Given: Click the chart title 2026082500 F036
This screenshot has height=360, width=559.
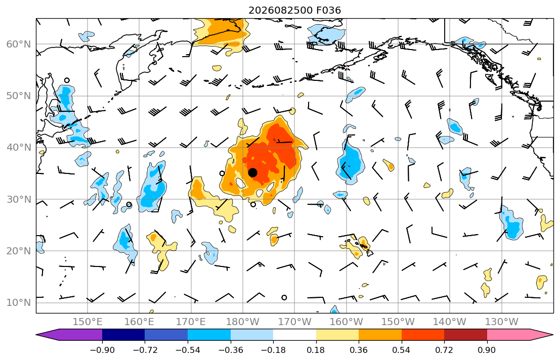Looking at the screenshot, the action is [294, 10].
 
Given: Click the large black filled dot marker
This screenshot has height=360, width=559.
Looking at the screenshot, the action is [252, 172].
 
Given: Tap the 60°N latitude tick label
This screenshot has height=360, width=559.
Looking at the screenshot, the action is [19, 44].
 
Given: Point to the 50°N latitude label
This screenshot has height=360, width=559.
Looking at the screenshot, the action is [19, 96].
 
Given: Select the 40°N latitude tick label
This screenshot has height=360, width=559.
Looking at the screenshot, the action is [19, 148].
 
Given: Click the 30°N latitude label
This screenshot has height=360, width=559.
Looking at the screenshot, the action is [19, 199].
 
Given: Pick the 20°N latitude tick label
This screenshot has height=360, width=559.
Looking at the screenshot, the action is [19, 251].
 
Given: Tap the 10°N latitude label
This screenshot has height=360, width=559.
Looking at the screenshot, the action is [19, 303].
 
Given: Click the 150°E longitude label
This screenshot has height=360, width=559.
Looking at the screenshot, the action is [88, 322].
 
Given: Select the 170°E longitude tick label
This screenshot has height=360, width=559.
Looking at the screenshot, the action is [191, 322].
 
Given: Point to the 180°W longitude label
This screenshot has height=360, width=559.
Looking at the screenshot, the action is [243, 322].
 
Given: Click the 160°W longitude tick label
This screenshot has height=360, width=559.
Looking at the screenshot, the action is [347, 322].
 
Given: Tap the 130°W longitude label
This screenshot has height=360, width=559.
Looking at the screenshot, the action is [502, 322].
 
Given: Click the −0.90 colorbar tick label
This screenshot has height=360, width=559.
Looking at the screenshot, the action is [102, 350].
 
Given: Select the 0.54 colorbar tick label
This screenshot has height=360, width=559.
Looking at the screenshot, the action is [402, 350].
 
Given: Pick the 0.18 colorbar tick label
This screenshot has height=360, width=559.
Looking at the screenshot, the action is [316, 350].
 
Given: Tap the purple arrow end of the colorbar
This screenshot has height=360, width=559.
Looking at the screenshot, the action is [69, 335].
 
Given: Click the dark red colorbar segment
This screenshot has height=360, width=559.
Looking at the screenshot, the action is [465, 335].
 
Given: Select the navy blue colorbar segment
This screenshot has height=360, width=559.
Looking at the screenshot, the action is [123, 335].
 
